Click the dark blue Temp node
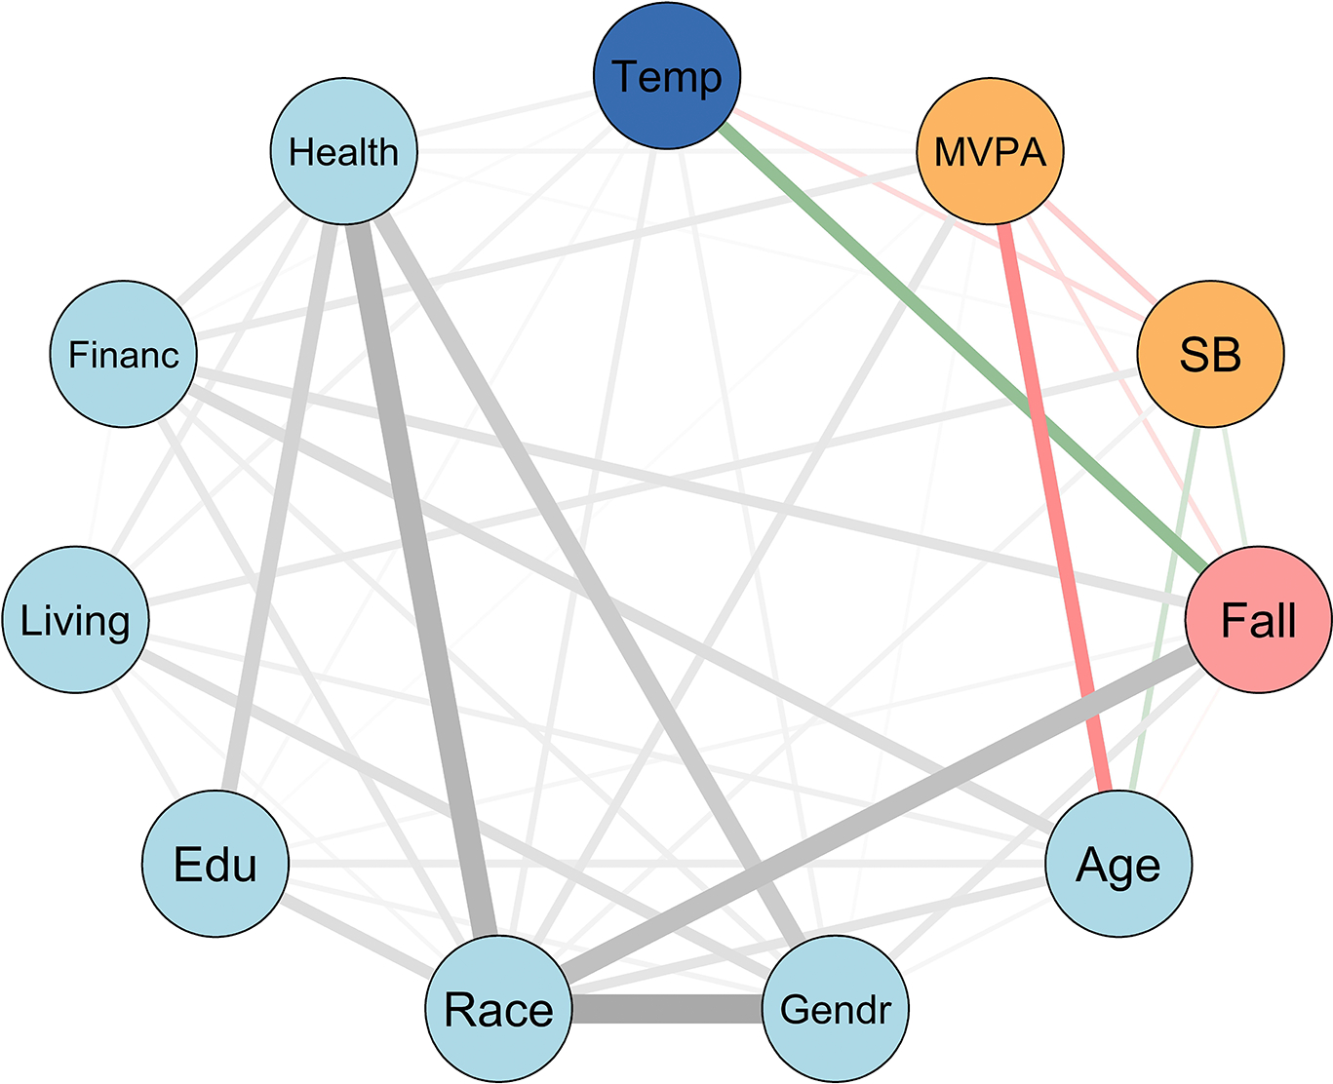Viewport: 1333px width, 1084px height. [667, 76]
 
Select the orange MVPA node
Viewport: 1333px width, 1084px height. [990, 152]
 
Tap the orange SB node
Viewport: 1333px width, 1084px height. [1210, 354]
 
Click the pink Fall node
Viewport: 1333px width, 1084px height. [1258, 619]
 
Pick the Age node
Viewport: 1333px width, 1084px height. [1117, 864]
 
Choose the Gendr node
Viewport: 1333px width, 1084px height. [835, 1009]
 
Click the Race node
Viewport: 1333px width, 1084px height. [498, 1009]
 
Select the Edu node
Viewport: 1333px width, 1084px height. [216, 864]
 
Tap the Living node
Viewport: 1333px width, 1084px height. [76, 620]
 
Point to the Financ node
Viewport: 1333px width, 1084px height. [123, 354]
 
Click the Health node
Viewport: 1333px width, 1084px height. [343, 152]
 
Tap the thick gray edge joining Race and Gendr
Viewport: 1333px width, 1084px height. [666, 1009]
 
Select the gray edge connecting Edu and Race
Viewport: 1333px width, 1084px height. [357, 937]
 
